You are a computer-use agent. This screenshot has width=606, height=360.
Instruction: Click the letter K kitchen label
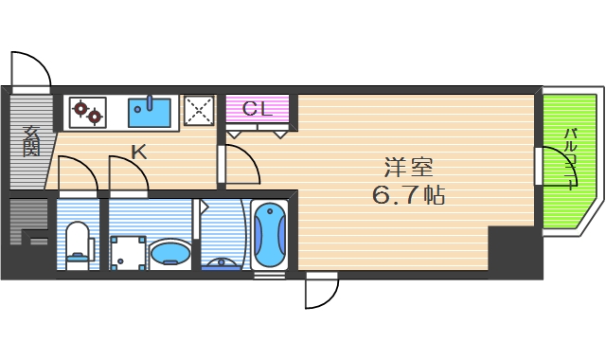(138, 151)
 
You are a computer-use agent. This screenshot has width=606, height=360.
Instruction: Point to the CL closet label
(258, 108)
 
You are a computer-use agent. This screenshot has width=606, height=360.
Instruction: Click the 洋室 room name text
(408, 169)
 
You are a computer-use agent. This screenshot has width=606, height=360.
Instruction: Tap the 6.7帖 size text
(408, 197)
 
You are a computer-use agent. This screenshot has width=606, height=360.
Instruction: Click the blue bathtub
(271, 234)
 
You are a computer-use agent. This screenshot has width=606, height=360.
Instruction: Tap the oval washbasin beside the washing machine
(170, 252)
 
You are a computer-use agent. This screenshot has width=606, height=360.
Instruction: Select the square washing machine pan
(126, 252)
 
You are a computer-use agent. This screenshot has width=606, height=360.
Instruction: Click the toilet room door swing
(76, 175)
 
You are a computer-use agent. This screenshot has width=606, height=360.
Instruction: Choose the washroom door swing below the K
(128, 175)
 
